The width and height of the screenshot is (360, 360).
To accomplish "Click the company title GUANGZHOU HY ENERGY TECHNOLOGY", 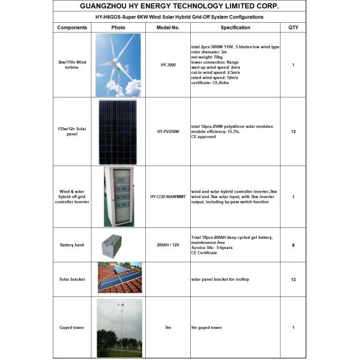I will pos(179,6).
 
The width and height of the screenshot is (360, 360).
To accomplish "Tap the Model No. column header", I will pos(168,28).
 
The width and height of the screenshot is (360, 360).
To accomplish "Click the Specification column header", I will pos(235,28).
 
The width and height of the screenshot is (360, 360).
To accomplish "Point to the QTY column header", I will pos(293,28).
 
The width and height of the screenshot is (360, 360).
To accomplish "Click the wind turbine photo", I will pos(118,65).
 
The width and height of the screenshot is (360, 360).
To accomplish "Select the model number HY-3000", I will pos(168,65).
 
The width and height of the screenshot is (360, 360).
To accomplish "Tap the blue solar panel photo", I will pos(118,131).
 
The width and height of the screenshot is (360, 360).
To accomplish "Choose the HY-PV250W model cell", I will pos(168,131).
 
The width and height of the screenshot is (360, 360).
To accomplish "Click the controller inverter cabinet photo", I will pos(118,196).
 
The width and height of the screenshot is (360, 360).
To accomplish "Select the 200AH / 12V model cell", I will pos(168,245).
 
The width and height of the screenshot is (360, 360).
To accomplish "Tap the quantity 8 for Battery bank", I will pos(293,245).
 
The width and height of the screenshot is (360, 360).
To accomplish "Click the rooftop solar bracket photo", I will pos(119,278).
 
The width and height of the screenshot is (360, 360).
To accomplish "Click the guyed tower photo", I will pos(119,328).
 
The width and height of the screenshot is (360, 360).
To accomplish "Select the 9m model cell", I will pos(168,328).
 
